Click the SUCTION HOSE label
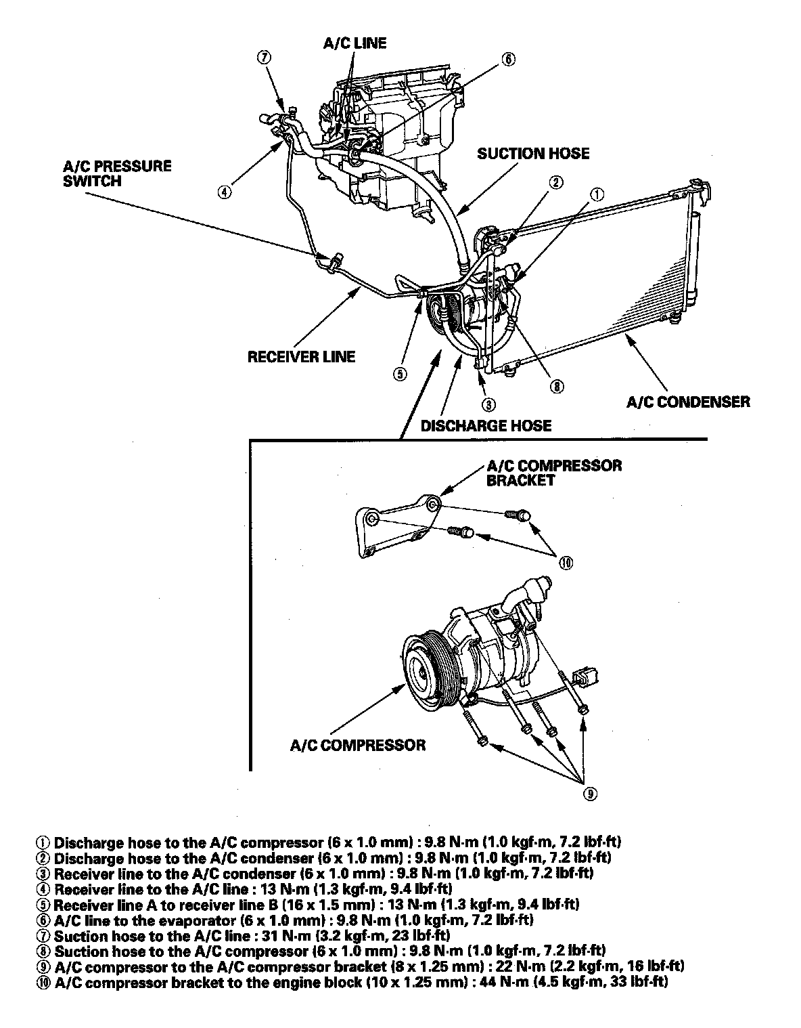[x=533, y=154]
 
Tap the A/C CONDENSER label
[x=688, y=402]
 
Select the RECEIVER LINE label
[x=301, y=356]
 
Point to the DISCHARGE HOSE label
[x=486, y=426]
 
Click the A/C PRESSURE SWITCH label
[x=117, y=173]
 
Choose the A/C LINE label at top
[x=354, y=43]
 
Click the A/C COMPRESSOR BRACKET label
[x=553, y=473]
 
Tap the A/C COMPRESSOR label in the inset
[x=358, y=745]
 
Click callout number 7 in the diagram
[x=264, y=58]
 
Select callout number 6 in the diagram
[x=507, y=59]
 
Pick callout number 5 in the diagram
[x=400, y=374]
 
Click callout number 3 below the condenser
[x=487, y=405]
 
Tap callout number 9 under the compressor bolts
[x=590, y=794]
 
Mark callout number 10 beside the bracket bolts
[x=566, y=562]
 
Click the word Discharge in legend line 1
[x=85, y=843]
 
